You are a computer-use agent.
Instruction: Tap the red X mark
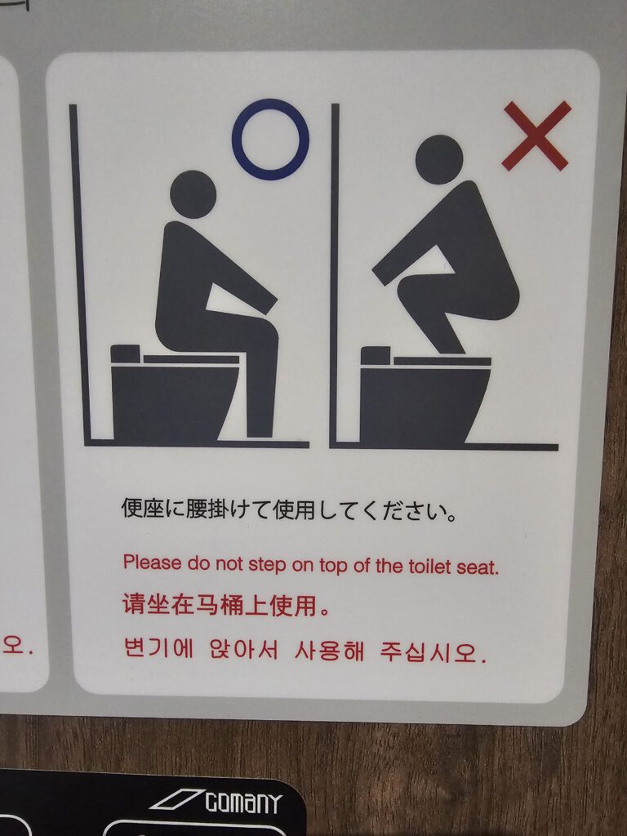coord(537,136)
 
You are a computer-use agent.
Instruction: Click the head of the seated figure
coord(193,194)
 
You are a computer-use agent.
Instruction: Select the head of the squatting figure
coord(439,159)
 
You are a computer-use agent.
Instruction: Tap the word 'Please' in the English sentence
coord(152,563)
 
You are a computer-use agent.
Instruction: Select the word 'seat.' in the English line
coord(477,567)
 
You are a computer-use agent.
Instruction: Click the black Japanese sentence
coord(289,510)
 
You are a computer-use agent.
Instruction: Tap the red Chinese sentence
coord(227,605)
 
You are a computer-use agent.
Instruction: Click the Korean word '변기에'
coord(158,648)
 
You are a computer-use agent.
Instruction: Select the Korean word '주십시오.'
coord(433,651)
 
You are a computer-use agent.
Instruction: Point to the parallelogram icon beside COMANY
coord(178,799)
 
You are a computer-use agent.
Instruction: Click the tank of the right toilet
coord(376,355)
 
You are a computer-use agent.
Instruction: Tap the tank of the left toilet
coord(126,354)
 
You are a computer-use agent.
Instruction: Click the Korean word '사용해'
coord(329,650)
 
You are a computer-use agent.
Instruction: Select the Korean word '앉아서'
coord(243,649)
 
